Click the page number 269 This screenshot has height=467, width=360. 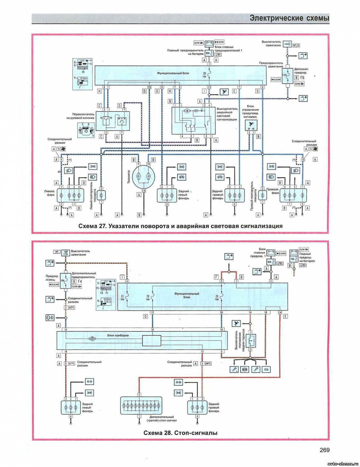(324, 450)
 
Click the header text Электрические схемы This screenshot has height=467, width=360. (289, 18)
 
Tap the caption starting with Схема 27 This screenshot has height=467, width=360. (180, 226)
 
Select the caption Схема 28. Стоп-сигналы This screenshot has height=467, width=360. (180, 433)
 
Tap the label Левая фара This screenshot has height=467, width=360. (49, 193)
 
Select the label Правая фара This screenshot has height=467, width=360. (273, 191)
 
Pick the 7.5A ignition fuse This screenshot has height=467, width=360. (285, 75)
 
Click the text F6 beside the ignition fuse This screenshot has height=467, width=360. (302, 78)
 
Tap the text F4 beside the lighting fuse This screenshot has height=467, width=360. (80, 281)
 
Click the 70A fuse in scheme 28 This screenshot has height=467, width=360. (293, 259)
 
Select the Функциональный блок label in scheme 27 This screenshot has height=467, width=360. (173, 73)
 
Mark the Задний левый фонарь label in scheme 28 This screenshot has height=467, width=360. (87, 408)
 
